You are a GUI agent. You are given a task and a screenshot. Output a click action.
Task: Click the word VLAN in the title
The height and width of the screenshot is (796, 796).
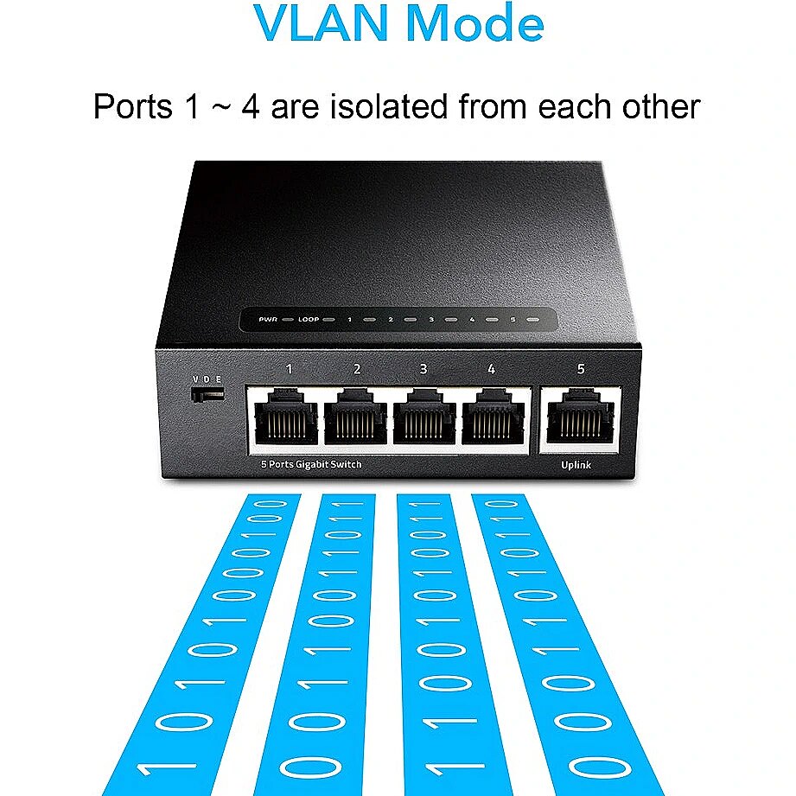tap(322, 22)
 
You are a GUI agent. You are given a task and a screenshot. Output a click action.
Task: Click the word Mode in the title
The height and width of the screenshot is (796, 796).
tap(475, 22)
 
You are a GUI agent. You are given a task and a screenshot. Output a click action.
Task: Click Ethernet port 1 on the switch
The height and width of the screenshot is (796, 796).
tap(286, 417)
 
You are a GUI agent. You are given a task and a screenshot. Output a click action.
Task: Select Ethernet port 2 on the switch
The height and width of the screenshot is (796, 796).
tap(355, 417)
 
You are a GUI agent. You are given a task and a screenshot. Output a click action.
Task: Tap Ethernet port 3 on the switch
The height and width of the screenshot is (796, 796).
tap(424, 417)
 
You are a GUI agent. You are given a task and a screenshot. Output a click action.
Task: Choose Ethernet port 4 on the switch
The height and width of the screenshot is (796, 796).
tap(494, 417)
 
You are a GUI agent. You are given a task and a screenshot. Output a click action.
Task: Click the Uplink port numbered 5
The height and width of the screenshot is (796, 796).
tap(580, 417)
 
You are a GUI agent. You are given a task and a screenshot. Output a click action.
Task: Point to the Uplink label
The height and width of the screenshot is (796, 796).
tap(576, 464)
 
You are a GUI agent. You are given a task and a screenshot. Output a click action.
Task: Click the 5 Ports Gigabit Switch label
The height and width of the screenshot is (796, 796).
tap(311, 464)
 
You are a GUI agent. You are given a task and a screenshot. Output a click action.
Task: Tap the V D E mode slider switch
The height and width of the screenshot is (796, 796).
tap(207, 394)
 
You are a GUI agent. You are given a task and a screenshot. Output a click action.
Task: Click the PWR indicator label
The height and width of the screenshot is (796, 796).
tap(268, 319)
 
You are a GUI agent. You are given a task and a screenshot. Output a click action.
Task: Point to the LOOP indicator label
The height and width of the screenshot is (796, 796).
tap(309, 319)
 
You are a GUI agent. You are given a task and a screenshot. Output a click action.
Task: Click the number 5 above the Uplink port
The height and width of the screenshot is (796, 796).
tap(581, 369)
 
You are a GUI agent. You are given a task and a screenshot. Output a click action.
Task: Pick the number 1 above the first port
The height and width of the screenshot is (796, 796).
tap(289, 369)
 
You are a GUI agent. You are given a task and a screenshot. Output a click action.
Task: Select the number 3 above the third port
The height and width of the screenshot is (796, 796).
tap(423, 369)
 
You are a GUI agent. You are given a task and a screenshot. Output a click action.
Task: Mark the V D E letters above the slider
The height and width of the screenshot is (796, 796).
tap(207, 379)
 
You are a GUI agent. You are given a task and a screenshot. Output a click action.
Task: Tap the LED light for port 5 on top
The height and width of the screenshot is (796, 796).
tap(532, 320)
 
